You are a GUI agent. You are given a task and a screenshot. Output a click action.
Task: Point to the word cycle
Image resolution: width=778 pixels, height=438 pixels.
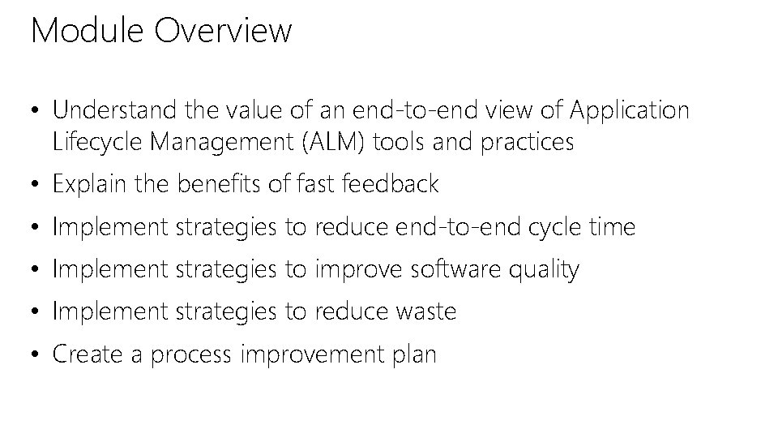click(x=556, y=228)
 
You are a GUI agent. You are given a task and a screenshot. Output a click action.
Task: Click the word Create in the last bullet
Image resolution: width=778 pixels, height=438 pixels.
click(x=83, y=354)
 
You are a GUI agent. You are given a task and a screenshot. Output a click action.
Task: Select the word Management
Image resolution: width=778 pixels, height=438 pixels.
click(x=218, y=143)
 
